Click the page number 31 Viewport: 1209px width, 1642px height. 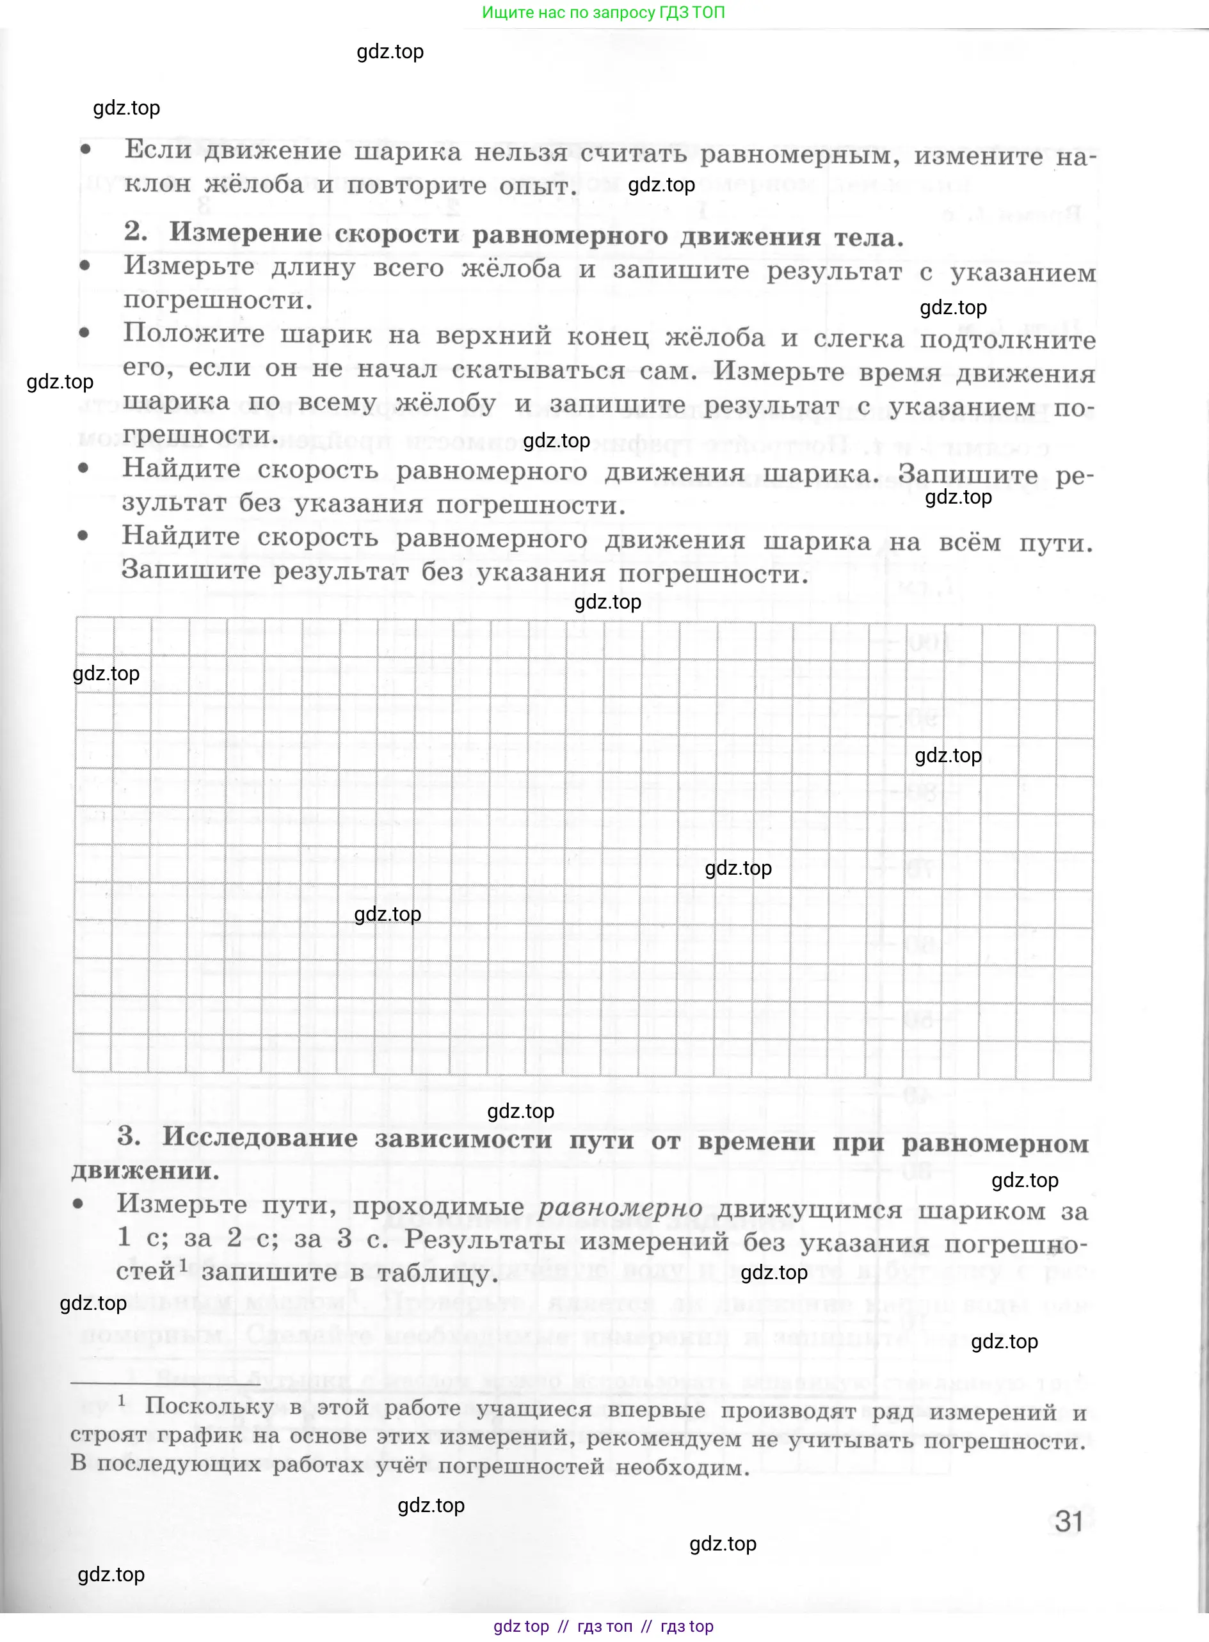(x=1068, y=1521)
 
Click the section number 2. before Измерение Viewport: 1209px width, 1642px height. (x=136, y=231)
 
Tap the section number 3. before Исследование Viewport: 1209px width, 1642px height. (x=129, y=1136)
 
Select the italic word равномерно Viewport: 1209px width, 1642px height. (x=620, y=1208)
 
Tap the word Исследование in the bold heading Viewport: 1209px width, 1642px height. (x=260, y=1137)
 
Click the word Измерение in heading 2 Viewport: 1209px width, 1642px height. (x=245, y=233)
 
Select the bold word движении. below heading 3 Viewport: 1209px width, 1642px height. (x=145, y=1170)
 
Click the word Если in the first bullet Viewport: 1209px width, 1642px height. (x=157, y=149)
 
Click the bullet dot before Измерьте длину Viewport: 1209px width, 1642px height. (x=86, y=266)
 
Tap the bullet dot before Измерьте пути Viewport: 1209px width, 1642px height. (x=78, y=1204)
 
